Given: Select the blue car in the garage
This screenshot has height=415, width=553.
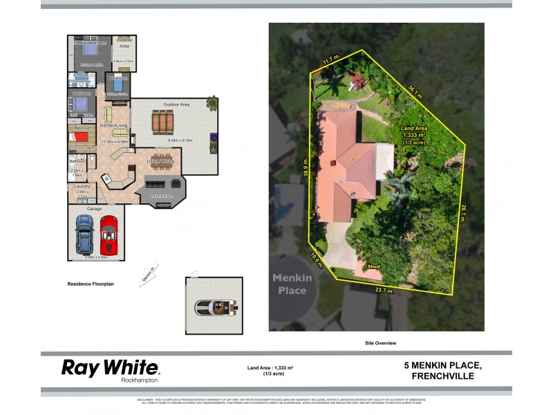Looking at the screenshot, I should (84, 234).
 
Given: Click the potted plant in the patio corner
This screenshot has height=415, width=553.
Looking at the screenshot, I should (211, 103).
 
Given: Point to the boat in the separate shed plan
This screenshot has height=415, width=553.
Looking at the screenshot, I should (214, 306).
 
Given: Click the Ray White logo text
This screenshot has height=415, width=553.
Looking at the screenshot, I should (110, 367).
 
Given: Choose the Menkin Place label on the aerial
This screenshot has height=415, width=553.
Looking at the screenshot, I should (292, 284).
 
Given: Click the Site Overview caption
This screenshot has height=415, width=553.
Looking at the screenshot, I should (381, 343).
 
